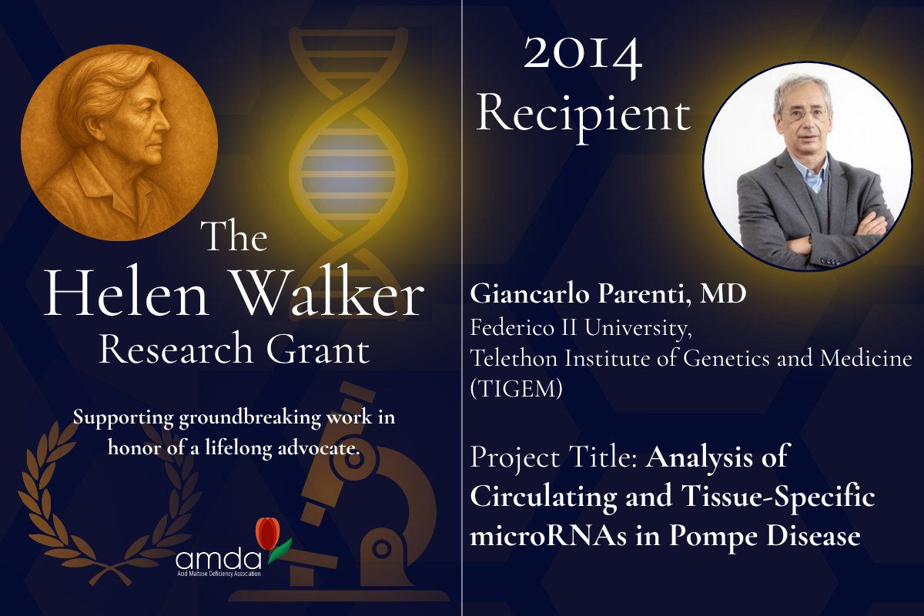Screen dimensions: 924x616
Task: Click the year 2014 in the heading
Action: tap(583, 57)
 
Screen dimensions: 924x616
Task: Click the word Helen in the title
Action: tap(126, 293)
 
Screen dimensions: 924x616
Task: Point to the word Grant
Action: tap(317, 349)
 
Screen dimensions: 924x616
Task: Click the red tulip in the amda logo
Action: tap(268, 533)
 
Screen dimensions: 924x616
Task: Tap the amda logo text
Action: tap(219, 560)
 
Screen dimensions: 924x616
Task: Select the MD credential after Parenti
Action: tap(723, 293)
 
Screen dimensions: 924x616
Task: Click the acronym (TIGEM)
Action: tap(516, 388)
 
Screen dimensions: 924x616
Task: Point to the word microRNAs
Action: tap(548, 535)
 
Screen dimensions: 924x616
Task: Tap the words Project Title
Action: tap(555, 458)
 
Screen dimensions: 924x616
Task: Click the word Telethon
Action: tap(514, 358)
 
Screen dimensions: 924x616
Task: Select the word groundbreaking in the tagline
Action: tap(249, 418)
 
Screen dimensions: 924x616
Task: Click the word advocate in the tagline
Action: tap(318, 448)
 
